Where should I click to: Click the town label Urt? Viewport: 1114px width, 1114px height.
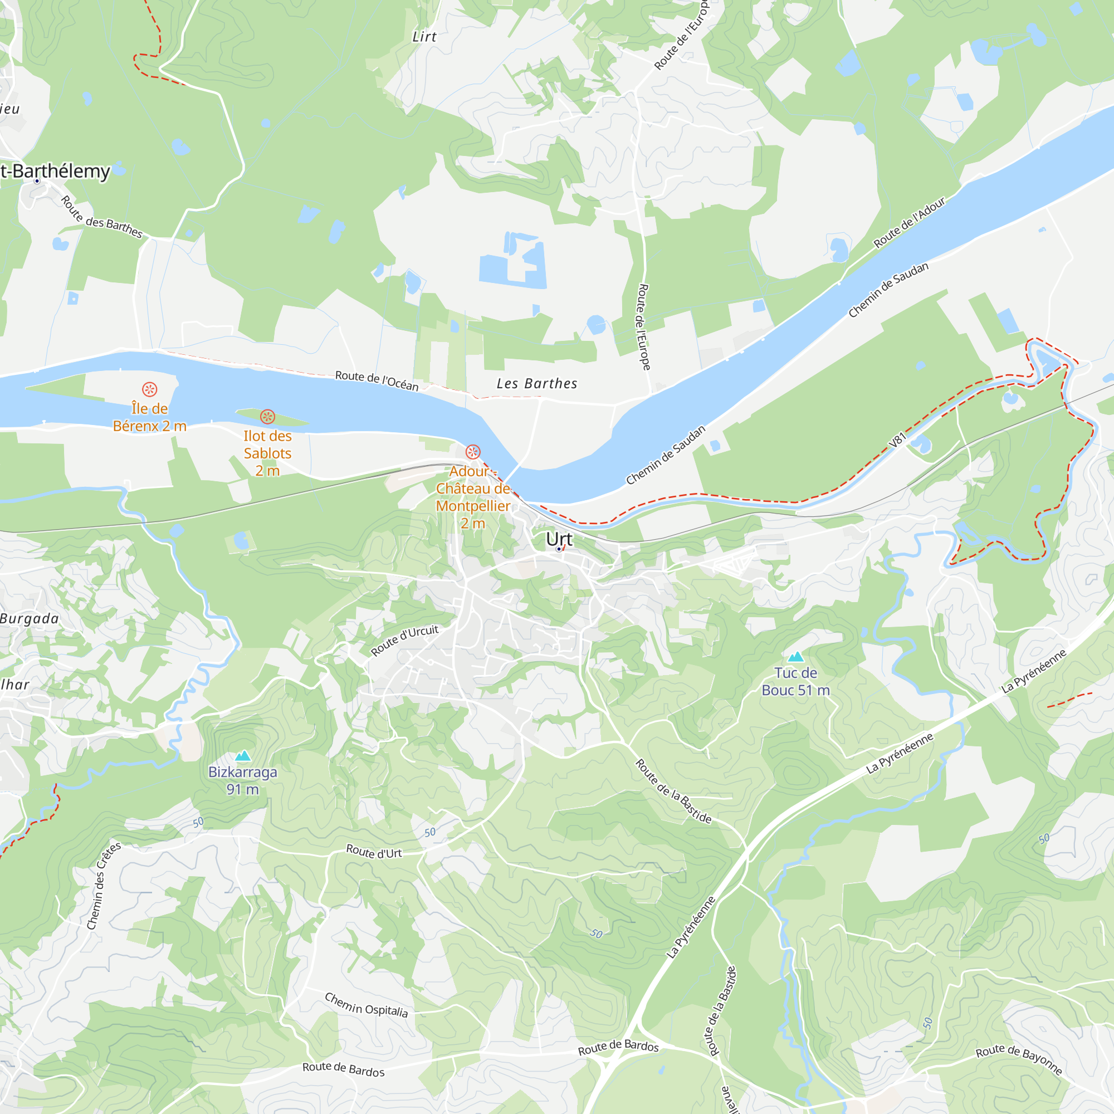pos(559,539)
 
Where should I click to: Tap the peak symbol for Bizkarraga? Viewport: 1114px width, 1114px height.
pos(243,755)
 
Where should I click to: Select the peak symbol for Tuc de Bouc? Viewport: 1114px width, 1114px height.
pos(796,656)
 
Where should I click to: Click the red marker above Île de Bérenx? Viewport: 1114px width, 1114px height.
pos(150,389)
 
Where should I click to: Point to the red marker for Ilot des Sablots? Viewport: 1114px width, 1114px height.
pos(267,416)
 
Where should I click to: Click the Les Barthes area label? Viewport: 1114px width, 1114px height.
pos(537,383)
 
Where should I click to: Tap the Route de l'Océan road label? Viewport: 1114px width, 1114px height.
pos(377,380)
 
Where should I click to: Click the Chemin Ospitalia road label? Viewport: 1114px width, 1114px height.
pos(366,1004)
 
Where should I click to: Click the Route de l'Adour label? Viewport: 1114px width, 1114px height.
pos(910,223)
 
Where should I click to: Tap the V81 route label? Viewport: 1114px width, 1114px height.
pos(898,440)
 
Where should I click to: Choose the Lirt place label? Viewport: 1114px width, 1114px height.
pos(424,37)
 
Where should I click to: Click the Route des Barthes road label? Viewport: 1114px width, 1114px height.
pos(101,217)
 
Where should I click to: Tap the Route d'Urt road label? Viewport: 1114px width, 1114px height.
pos(374,852)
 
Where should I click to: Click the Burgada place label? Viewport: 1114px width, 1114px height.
pos(29,619)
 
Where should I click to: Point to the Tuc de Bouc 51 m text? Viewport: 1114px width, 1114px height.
pos(796,682)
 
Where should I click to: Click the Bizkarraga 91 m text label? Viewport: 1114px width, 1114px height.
pos(243,781)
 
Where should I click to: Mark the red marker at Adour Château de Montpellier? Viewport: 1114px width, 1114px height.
pos(473,452)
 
